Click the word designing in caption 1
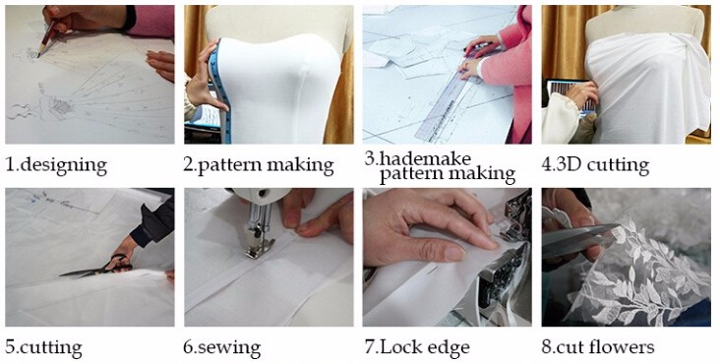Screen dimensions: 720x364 63,165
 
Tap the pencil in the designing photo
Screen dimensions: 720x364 47,37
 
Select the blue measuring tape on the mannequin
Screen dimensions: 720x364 220,91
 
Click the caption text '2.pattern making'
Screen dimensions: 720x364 259,165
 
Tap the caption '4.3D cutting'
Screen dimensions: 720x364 595,165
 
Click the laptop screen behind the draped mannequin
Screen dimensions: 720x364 570,95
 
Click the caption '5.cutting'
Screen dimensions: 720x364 43,347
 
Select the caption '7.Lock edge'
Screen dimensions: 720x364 417,346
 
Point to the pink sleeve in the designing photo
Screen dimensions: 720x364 150,22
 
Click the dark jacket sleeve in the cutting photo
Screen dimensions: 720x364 153,221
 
